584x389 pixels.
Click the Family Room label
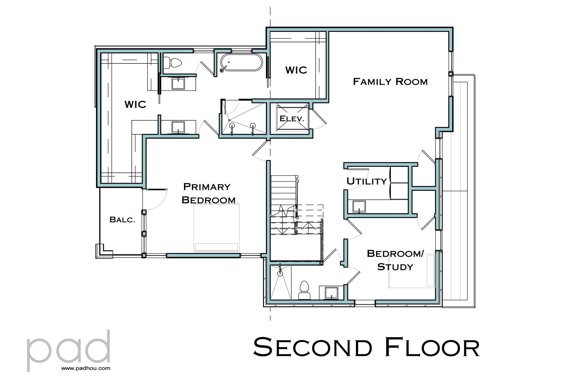tap(390, 81)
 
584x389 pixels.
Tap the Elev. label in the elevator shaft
tap(292, 118)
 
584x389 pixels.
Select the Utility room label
tap(366, 181)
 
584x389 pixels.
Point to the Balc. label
tap(122, 220)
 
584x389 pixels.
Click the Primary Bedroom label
tap(209, 193)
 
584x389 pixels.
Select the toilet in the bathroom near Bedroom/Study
tap(304, 290)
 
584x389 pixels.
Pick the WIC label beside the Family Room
tap(296, 70)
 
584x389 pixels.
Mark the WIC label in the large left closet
tap(135, 104)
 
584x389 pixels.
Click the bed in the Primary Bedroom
tap(216, 228)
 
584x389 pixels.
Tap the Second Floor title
tap(366, 348)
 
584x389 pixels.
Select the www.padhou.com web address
tap(86, 369)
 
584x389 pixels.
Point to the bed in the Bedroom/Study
tap(412, 271)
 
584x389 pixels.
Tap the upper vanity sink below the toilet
tap(178, 83)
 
